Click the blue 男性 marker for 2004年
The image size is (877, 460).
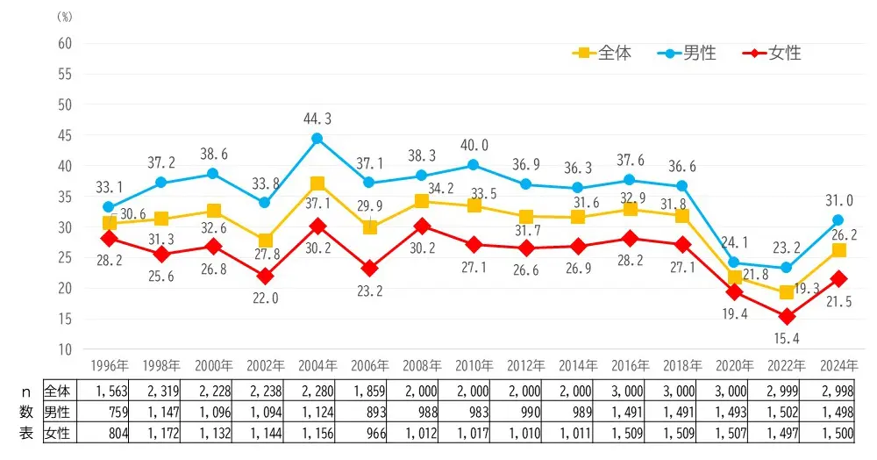pyautogui.click(x=317, y=139)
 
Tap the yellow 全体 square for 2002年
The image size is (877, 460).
pyautogui.click(x=266, y=241)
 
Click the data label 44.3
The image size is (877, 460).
pyautogui.click(x=317, y=119)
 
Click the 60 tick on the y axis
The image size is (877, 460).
pyautogui.click(x=64, y=44)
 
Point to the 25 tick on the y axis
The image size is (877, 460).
pyautogui.click(x=64, y=258)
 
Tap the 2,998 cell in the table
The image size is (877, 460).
pyautogui.click(x=838, y=391)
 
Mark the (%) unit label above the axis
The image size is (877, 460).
pyautogui.click(x=64, y=17)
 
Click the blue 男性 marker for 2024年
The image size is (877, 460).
pyautogui.click(x=838, y=220)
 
